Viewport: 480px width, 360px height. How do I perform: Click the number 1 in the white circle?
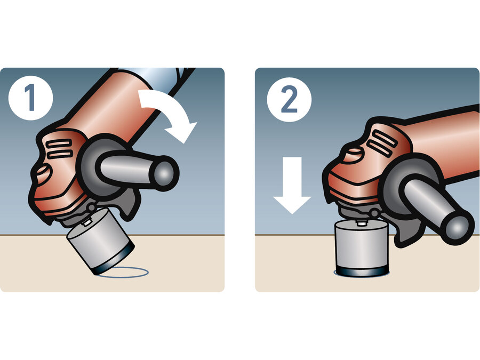pyautogui.click(x=30, y=98)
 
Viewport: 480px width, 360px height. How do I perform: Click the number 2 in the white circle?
pyautogui.click(x=289, y=99)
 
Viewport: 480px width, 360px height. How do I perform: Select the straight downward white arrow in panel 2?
pyautogui.click(x=292, y=185)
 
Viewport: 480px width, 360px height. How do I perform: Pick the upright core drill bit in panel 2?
pyautogui.click(x=362, y=248)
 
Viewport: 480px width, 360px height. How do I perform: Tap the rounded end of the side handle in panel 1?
pyautogui.click(x=165, y=173)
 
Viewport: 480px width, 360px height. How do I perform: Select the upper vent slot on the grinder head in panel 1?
pyautogui.click(x=58, y=143)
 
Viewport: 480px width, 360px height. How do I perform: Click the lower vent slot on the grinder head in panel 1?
pyautogui.click(x=60, y=154)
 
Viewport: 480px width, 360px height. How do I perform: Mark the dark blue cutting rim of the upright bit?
pyautogui.click(x=362, y=270)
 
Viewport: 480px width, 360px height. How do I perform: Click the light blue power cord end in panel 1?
pyautogui.click(x=156, y=77)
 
